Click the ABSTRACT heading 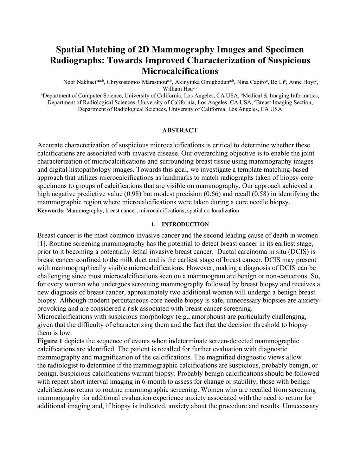[180, 130]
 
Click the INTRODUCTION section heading [185, 224]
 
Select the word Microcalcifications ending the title [180, 71]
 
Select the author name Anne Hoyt [304, 82]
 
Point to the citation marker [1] [41, 243]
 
